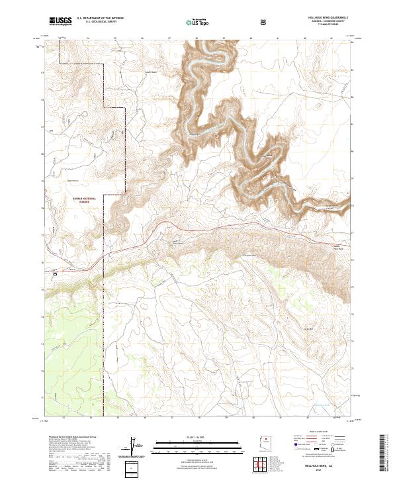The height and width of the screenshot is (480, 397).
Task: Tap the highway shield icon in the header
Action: pyautogui.click(x=263, y=22)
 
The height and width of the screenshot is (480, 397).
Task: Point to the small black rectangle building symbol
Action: pyautogui.click(x=56, y=273)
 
